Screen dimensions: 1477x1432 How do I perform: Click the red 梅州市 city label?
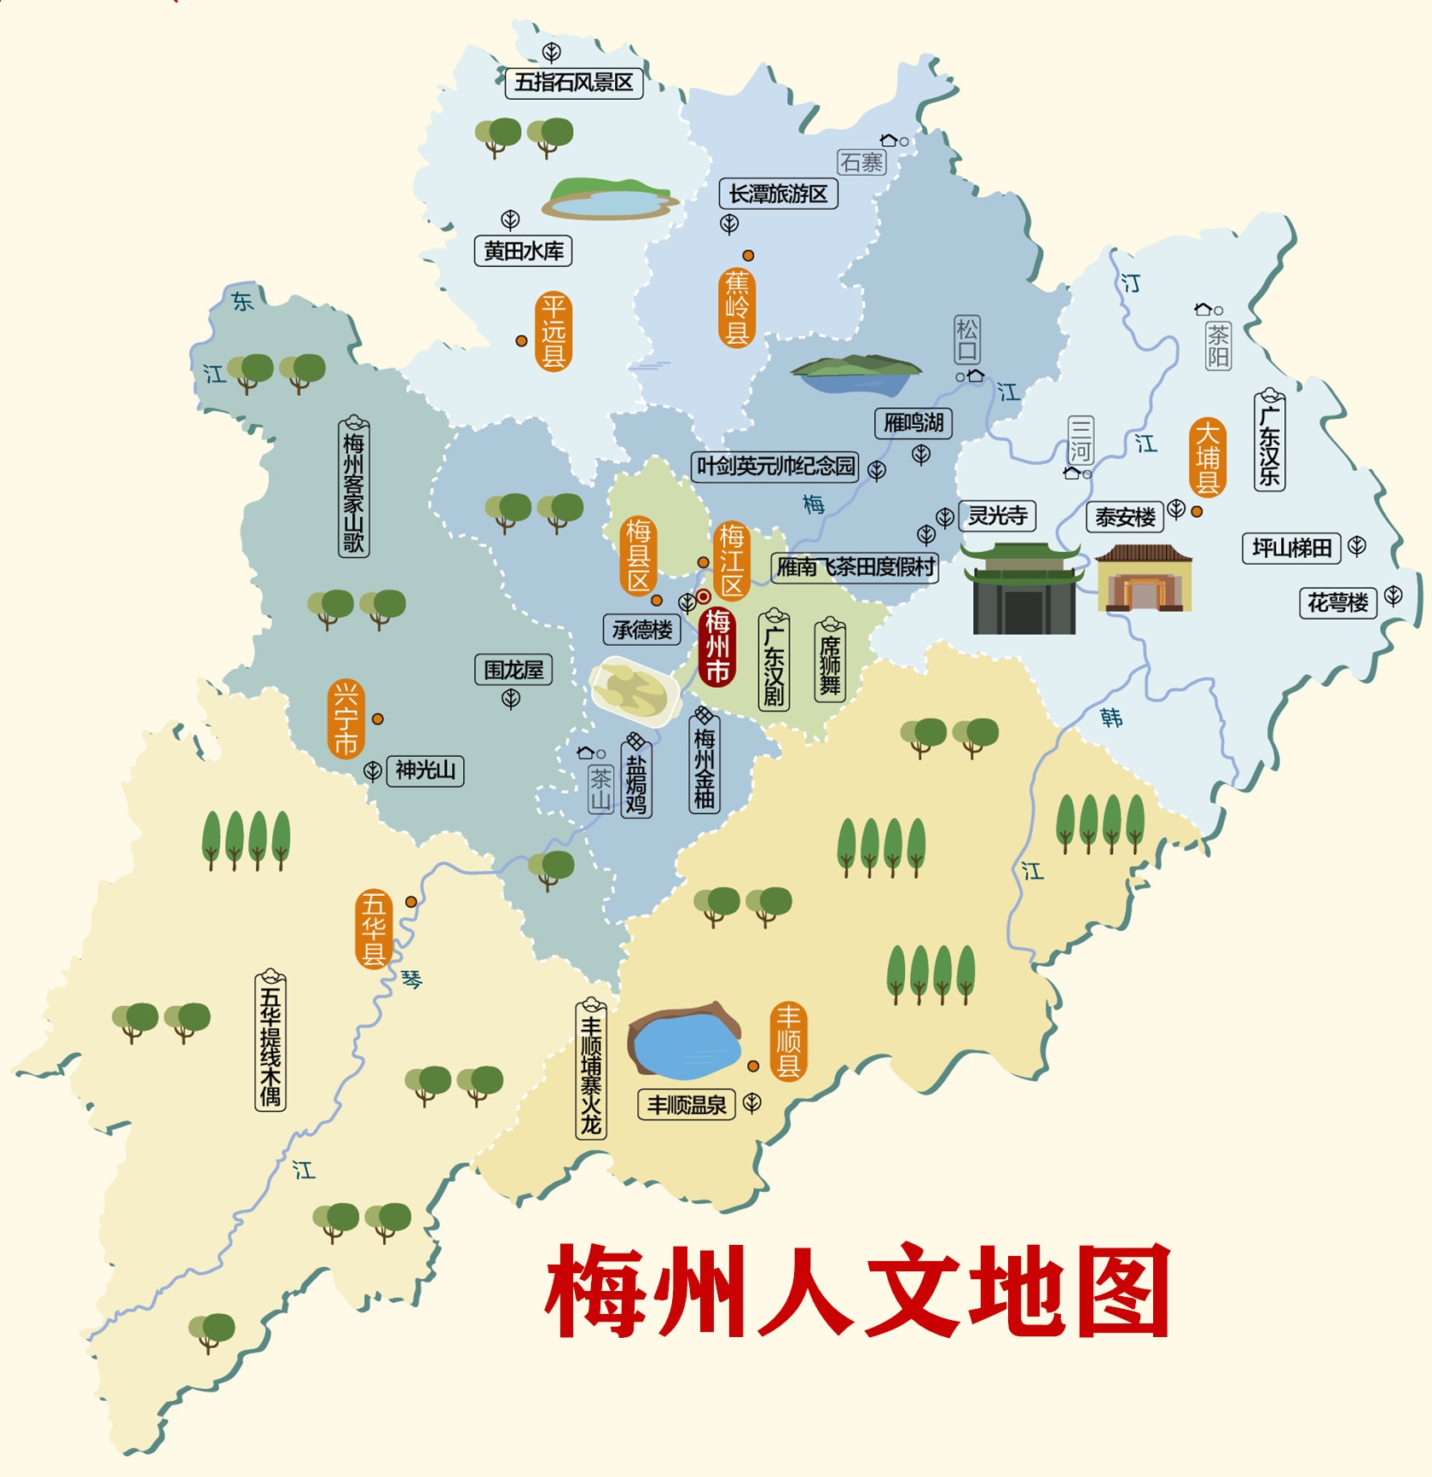[x=717, y=646]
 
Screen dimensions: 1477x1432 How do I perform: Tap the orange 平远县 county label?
[x=554, y=331]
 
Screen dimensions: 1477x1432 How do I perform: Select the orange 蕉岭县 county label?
[x=737, y=308]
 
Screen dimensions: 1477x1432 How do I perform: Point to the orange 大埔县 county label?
[x=1208, y=457]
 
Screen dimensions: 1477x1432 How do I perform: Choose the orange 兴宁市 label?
[x=345, y=718]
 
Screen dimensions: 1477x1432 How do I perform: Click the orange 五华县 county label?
[x=374, y=929]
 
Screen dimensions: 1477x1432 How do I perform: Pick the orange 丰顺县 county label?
[x=788, y=1041]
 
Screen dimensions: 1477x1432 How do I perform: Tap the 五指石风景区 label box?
[x=573, y=83]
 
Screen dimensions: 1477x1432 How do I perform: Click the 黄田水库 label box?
[x=523, y=251]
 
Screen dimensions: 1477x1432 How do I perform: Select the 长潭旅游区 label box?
[x=778, y=194]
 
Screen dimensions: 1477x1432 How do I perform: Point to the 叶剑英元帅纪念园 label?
[x=775, y=466]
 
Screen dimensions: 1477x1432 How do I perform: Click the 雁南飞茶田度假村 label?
[x=855, y=567]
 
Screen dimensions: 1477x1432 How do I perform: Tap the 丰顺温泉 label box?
[x=687, y=1105]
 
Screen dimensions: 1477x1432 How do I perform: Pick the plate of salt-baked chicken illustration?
[x=634, y=691]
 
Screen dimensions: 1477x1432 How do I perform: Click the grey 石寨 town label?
[x=861, y=162]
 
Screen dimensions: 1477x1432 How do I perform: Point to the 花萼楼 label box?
[x=1337, y=602]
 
